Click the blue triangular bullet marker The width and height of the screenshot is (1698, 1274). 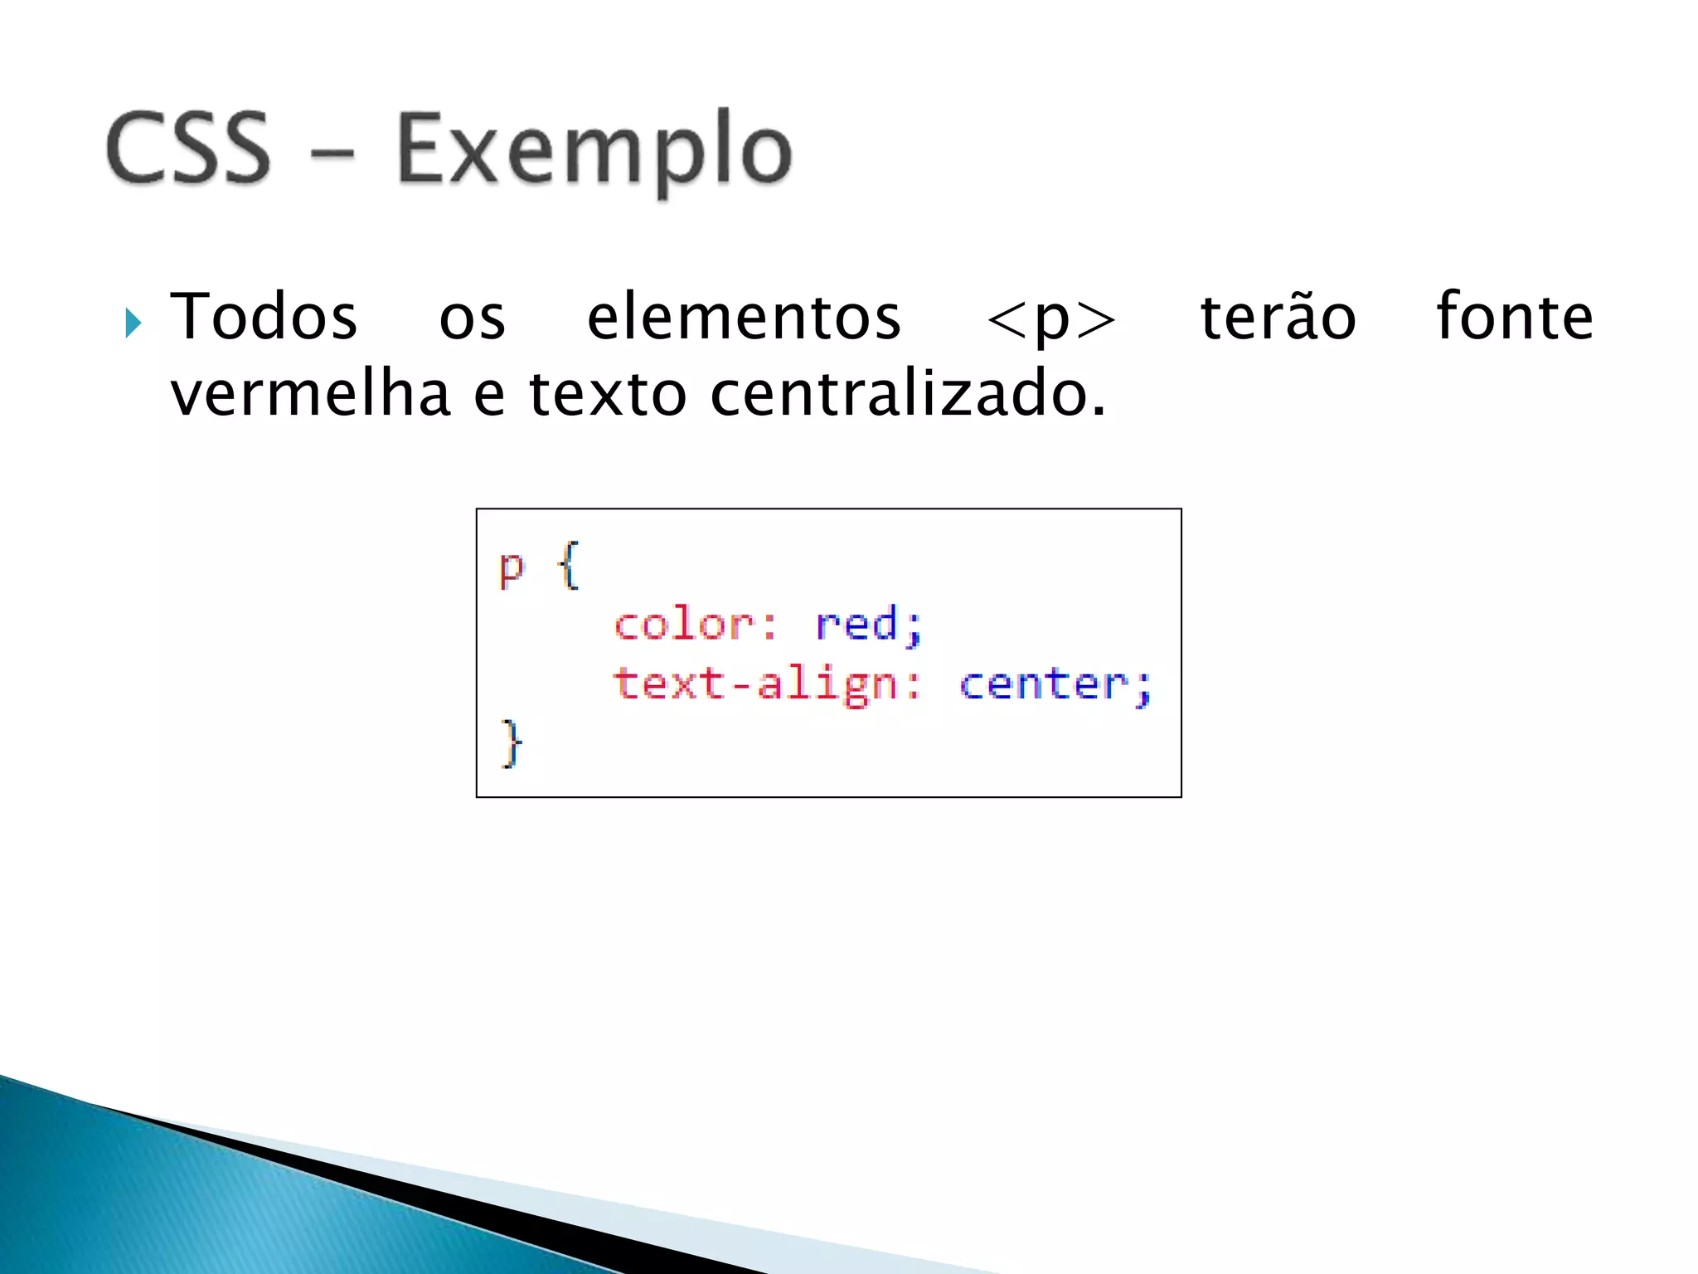click(x=133, y=322)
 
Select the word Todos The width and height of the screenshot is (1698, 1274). click(x=264, y=317)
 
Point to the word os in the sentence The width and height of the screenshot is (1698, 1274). click(x=472, y=319)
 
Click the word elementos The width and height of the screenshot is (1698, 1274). click(x=744, y=317)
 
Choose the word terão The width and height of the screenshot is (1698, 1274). click(x=1278, y=317)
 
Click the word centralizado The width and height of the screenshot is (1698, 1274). click(x=907, y=393)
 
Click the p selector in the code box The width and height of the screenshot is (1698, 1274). click(x=512, y=569)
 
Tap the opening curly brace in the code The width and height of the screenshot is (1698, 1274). click(x=568, y=566)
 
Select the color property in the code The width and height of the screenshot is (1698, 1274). click(x=685, y=624)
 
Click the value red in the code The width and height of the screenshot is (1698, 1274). click(x=857, y=624)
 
